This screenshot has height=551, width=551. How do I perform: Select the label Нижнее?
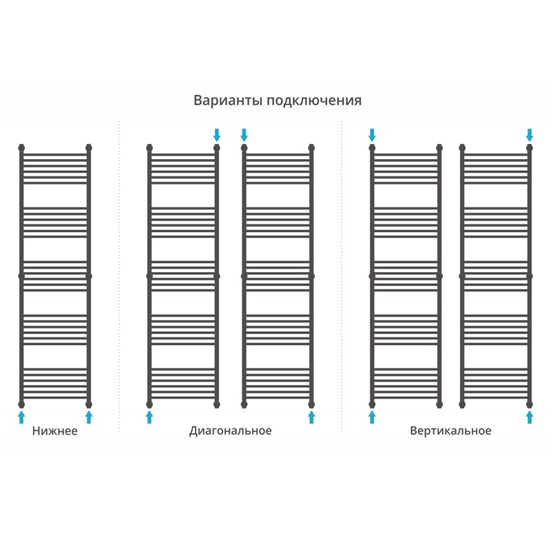click(x=54, y=431)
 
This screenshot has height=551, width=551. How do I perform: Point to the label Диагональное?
click(x=231, y=431)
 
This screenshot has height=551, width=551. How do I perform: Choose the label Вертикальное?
click(x=450, y=431)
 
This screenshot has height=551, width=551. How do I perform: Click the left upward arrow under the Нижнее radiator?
click(x=21, y=417)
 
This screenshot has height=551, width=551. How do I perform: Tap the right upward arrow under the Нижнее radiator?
click(x=88, y=417)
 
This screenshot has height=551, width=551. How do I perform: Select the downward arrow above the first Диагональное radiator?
click(x=217, y=134)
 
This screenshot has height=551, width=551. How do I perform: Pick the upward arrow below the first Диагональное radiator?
click(x=149, y=417)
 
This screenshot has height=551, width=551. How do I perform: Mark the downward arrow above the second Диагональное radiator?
click(x=244, y=134)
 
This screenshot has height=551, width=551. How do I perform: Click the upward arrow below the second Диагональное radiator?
click(x=311, y=417)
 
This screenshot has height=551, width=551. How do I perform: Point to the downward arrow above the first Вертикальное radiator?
click(x=373, y=134)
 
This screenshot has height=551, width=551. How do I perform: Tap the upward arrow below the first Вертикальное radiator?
click(x=373, y=417)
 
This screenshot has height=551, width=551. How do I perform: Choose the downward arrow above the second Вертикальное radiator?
click(x=530, y=134)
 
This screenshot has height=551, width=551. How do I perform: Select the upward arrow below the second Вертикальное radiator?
click(x=530, y=417)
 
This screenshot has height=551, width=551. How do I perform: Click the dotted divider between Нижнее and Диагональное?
click(x=119, y=275)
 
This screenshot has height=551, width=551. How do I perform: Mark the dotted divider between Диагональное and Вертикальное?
click(x=342, y=275)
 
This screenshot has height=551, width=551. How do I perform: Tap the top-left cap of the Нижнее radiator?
click(x=21, y=147)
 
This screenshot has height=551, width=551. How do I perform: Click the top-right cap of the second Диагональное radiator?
click(x=311, y=147)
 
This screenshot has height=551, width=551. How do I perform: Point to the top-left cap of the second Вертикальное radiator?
click(x=462, y=147)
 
